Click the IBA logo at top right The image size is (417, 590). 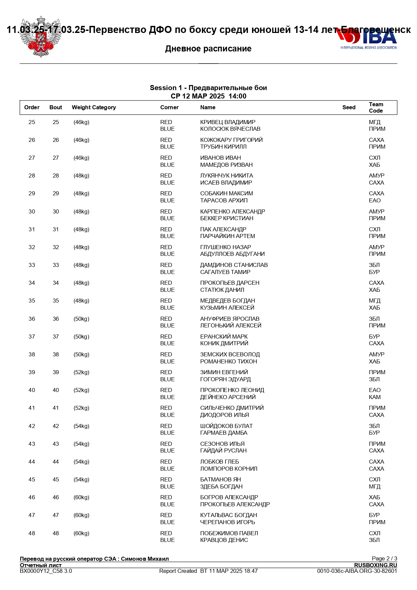coord(368,39)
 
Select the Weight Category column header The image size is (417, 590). coord(94,108)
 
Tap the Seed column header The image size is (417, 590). coord(349,108)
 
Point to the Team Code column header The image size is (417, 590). coord(376,108)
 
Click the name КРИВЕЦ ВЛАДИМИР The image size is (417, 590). coord(227,122)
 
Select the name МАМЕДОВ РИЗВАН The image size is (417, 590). coord(226,165)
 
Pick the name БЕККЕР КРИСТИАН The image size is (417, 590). coord(226,219)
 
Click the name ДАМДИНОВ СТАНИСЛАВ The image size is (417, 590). coord(234,265)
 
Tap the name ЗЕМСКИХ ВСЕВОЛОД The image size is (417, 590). coord(230,355)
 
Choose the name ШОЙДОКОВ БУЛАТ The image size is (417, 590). coord(226,426)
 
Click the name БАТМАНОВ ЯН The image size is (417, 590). coord(220,480)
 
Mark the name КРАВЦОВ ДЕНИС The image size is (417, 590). coord(224,540)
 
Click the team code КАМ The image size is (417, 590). coord(375,397)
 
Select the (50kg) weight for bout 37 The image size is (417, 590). coord(81,337)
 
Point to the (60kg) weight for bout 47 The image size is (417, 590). coord(81,515)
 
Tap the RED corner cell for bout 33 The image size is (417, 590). coord(166,265)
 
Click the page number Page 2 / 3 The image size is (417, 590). coord(384,558)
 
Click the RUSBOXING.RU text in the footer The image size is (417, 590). coord(375,565)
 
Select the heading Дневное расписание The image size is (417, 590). coord(208,49)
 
